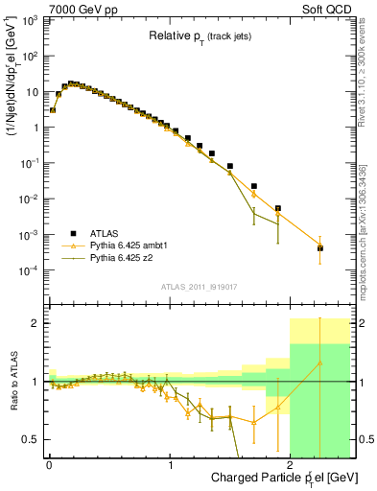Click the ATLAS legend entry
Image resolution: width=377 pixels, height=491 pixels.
coord(104,233)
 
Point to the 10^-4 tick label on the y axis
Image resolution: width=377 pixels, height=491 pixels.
coord(30,270)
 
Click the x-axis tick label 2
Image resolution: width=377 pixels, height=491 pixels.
coord(292,464)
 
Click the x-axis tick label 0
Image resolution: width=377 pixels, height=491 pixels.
coord(50,464)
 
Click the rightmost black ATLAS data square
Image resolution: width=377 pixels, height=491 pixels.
coord(320,248)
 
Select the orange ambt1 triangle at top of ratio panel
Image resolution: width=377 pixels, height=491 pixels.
coord(320,362)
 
